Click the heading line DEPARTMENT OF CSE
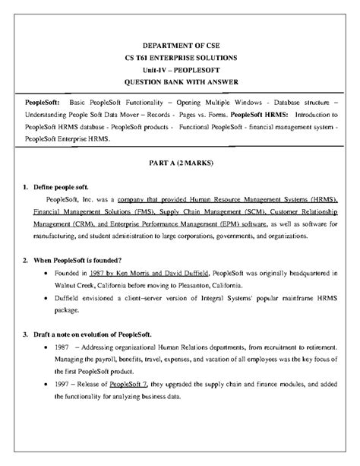(180, 44)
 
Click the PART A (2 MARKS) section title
(180, 162)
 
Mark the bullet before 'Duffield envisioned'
(47, 299)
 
